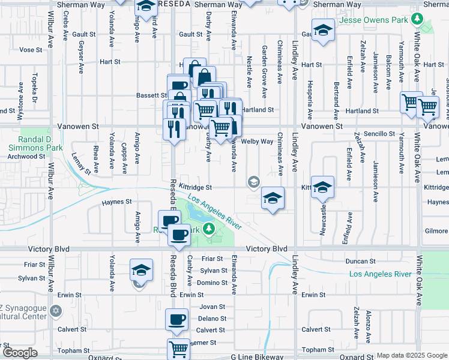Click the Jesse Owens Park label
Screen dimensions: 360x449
374,19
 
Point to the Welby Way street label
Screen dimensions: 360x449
258,142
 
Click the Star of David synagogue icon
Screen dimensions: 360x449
56,311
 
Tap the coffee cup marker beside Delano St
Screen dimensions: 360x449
176,321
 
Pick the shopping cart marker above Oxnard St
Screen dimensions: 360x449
178,349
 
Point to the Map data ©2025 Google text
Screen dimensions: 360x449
412,355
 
